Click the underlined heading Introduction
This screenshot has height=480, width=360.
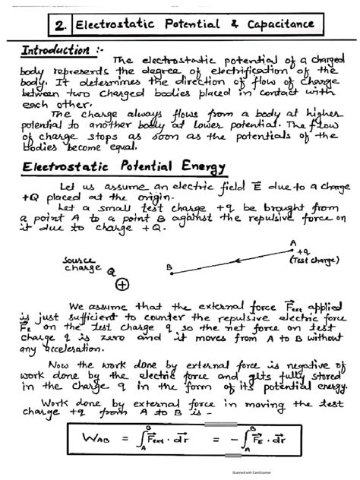pos(54,50)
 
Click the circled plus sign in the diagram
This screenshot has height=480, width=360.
pos(122,284)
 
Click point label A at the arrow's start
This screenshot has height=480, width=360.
pos(292,243)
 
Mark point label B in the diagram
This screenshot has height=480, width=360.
pos(170,267)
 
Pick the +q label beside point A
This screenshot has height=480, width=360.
pos(303,251)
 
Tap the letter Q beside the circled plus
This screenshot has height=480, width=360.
pos(111,270)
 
